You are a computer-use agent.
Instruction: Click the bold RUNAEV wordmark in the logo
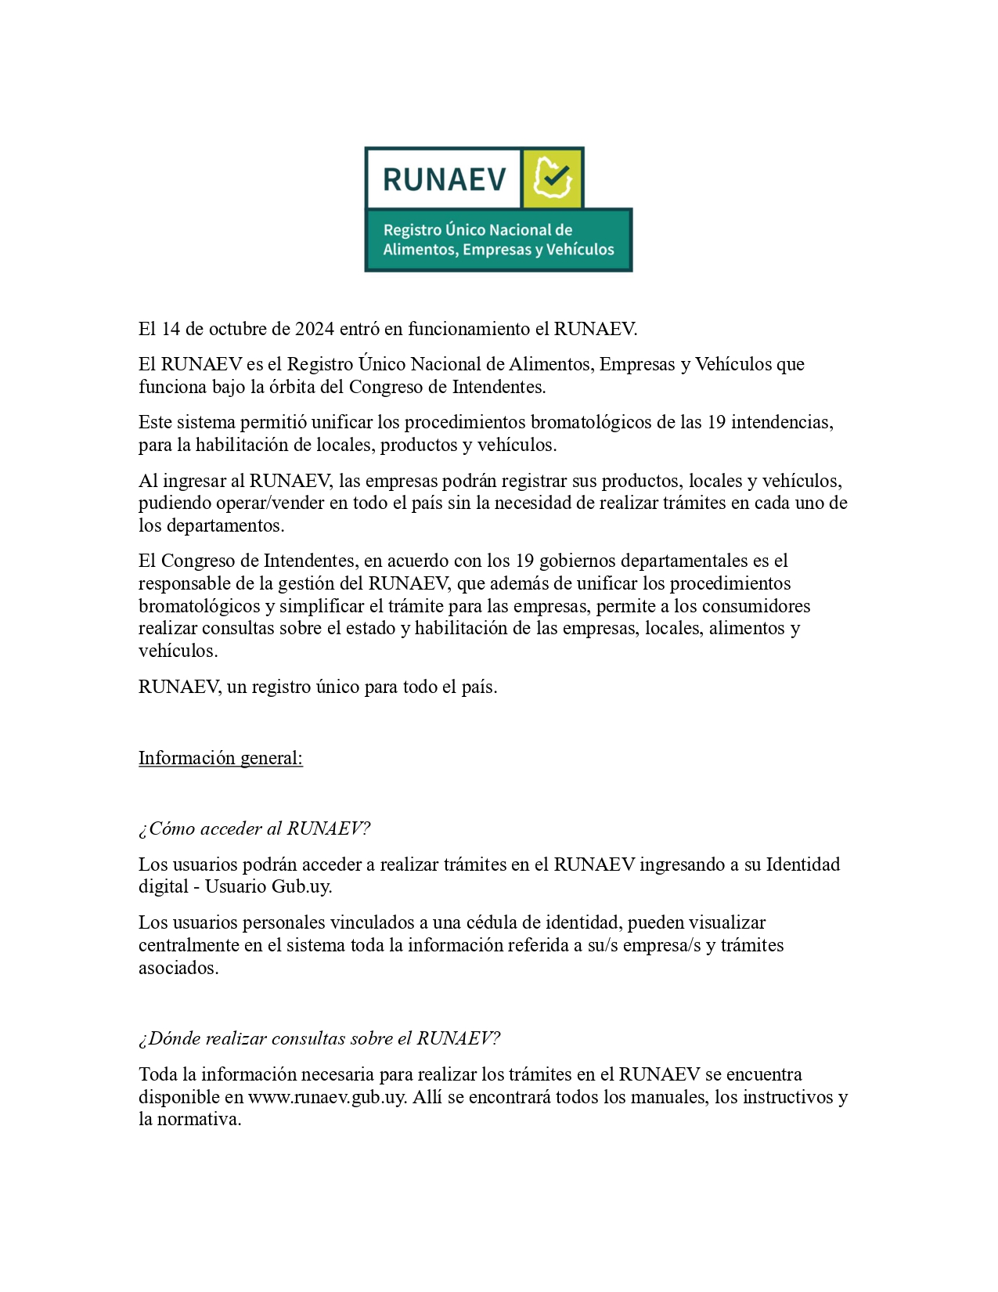click(444, 180)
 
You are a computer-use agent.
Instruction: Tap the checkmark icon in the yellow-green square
click(553, 179)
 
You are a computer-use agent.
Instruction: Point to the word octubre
click(237, 329)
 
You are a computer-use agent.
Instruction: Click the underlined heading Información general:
click(220, 758)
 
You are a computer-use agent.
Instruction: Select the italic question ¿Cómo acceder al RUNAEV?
click(254, 828)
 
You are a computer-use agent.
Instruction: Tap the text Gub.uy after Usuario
click(302, 886)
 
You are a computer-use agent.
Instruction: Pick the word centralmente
click(189, 945)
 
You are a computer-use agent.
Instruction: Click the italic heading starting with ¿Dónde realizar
click(319, 1038)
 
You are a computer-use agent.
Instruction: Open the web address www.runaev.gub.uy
click(326, 1097)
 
